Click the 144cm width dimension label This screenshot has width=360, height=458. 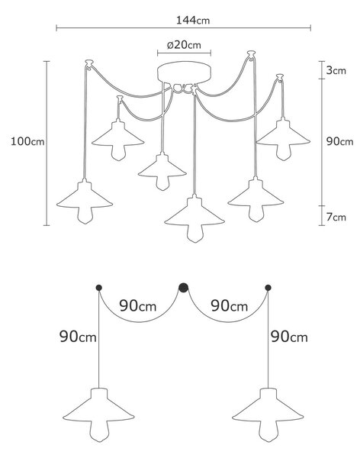pyautogui.click(x=193, y=20)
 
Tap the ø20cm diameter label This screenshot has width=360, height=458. pyautogui.click(x=184, y=45)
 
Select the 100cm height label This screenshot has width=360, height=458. pyautogui.click(x=27, y=141)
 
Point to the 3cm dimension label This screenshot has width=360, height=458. pyautogui.click(x=336, y=70)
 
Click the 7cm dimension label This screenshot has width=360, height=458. pyautogui.click(x=336, y=217)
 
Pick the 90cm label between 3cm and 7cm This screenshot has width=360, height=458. pyautogui.click(x=339, y=142)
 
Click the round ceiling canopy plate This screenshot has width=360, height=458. pyautogui.click(x=184, y=73)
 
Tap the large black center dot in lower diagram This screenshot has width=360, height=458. pyautogui.click(x=183, y=288)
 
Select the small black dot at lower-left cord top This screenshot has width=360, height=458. pyautogui.click(x=99, y=288)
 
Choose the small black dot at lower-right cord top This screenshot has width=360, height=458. pyautogui.click(x=268, y=288)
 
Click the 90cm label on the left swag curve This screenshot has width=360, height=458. pyautogui.click(x=138, y=306)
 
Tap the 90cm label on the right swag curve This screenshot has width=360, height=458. pyautogui.click(x=230, y=306)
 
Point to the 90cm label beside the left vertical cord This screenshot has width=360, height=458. pyautogui.click(x=78, y=337)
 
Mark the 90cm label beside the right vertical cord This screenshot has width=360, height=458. pyautogui.click(x=289, y=337)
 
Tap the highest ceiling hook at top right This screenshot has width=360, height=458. pyautogui.click(x=251, y=54)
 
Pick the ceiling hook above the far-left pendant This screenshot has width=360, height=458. pyautogui.click(x=89, y=63)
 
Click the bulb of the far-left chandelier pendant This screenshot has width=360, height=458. pyautogui.click(x=85, y=215)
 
